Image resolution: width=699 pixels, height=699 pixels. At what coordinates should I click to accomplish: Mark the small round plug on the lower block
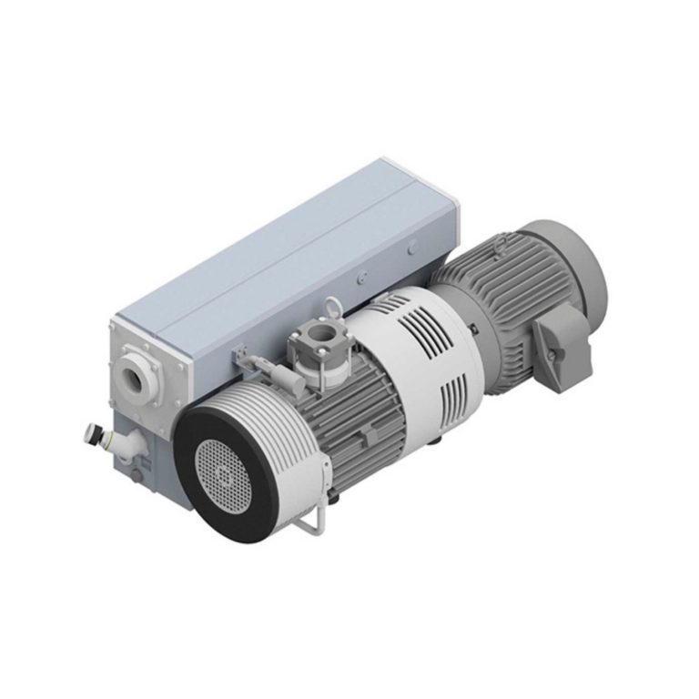pos(134,475)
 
